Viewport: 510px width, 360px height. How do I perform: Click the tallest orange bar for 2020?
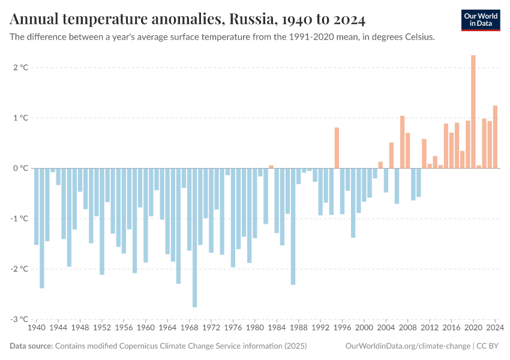pyautogui.click(x=473, y=112)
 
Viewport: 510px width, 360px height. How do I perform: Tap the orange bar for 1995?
pyautogui.click(x=337, y=148)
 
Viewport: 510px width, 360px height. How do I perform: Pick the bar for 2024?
pyautogui.click(x=495, y=137)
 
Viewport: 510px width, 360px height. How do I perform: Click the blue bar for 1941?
pyautogui.click(x=42, y=228)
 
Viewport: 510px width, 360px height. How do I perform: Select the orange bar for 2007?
pyautogui.click(x=402, y=142)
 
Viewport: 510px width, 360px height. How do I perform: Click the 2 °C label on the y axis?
pyautogui.click(x=20, y=68)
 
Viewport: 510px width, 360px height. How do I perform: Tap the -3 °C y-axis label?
pyautogui.click(x=19, y=319)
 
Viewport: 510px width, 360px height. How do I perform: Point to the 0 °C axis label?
pyautogui.click(x=20, y=169)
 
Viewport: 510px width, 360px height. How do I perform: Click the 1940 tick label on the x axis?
pyautogui.click(x=37, y=328)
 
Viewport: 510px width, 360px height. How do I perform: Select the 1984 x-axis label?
pyautogui.click(x=277, y=328)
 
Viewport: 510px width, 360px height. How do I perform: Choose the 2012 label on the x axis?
pyautogui.click(x=430, y=328)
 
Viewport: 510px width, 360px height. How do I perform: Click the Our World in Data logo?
pyautogui.click(x=481, y=20)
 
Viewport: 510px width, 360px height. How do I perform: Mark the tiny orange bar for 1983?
pyautogui.click(x=271, y=167)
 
